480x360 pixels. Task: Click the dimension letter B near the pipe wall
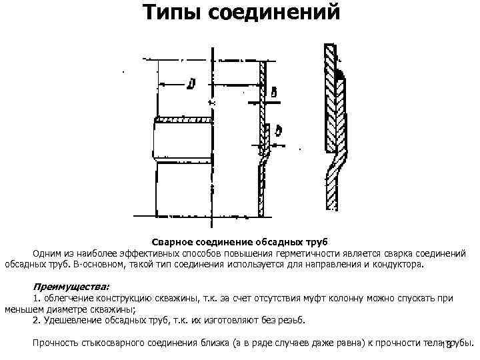pos(275,91)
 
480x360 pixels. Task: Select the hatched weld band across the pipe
pos(183,121)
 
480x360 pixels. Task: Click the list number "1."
pos(37,297)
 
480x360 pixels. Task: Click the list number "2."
pos(37,320)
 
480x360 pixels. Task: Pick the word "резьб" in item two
pos(291,320)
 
